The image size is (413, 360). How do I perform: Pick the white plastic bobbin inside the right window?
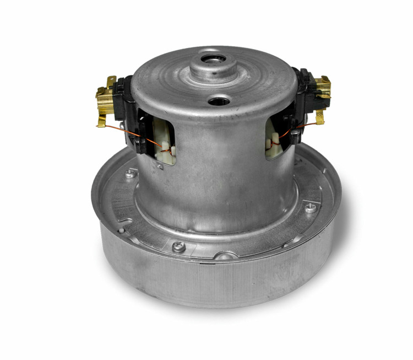coord(274,144)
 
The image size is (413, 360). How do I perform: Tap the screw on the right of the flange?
coord(311,207)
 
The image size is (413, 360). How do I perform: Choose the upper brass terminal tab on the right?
coord(325,83)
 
